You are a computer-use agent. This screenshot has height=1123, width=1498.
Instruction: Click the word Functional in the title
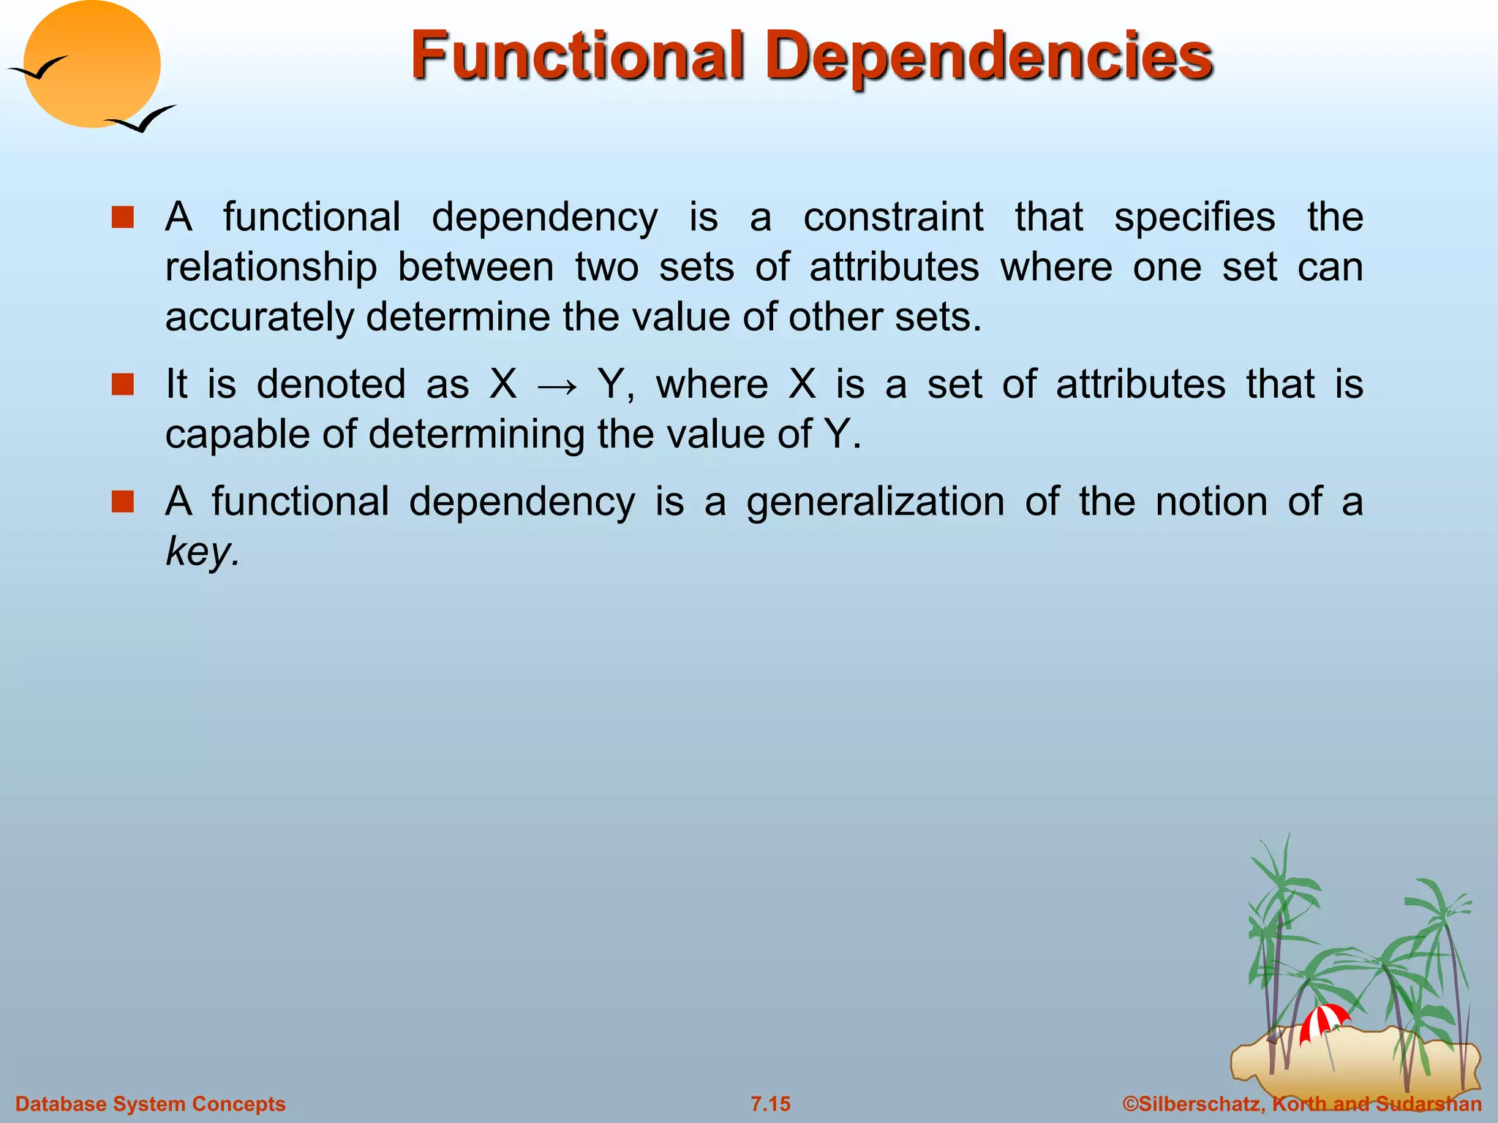click(577, 56)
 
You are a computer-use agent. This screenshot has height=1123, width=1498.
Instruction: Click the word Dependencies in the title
click(989, 57)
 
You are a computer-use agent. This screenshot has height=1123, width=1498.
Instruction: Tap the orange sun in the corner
click(91, 64)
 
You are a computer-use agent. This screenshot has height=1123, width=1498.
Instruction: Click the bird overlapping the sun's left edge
click(38, 69)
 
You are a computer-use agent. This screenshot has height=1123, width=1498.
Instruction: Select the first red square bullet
click(123, 218)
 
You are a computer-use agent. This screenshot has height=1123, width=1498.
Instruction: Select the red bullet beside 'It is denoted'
click(123, 385)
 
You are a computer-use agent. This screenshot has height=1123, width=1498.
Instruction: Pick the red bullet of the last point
click(123, 502)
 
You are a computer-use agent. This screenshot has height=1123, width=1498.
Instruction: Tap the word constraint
click(893, 217)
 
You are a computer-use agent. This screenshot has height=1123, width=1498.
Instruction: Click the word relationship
click(271, 267)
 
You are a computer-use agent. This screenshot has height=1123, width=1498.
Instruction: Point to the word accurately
click(259, 317)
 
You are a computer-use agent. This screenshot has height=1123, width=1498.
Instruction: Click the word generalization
click(876, 502)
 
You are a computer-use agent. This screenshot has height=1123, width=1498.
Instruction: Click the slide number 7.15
click(770, 1104)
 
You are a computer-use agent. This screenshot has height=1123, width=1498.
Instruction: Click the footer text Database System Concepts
click(150, 1104)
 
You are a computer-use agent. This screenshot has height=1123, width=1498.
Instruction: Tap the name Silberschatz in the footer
click(1200, 1104)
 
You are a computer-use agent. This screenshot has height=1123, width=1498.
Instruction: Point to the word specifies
click(1194, 217)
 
